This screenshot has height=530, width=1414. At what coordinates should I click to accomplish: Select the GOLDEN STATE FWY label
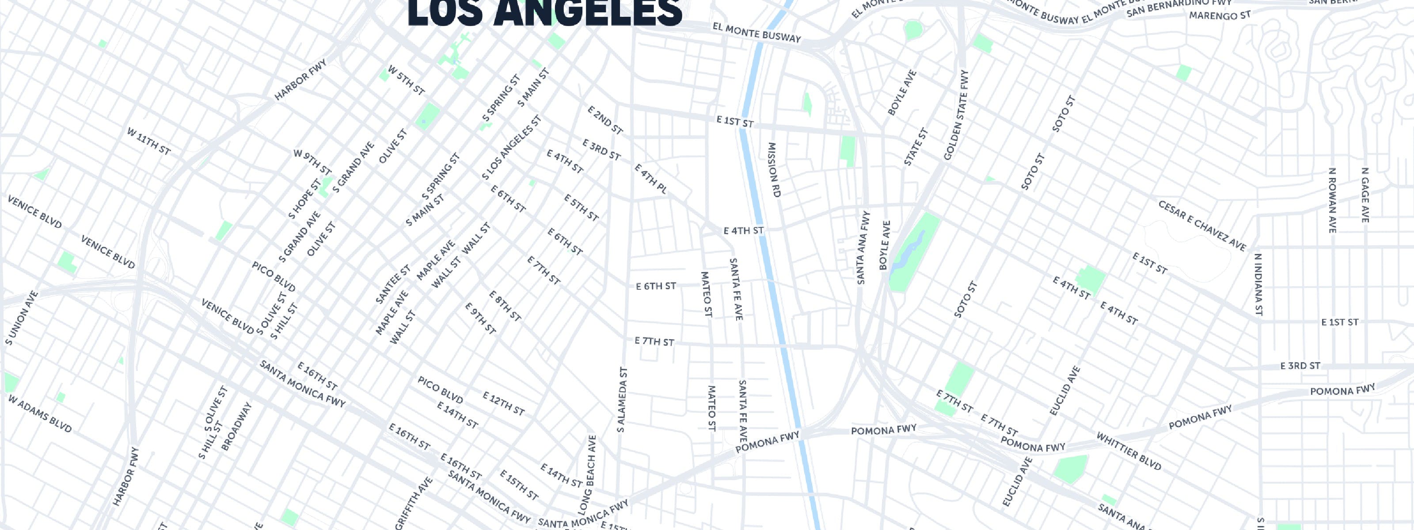point(956,116)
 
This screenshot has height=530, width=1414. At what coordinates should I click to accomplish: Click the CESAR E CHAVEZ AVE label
point(1202,226)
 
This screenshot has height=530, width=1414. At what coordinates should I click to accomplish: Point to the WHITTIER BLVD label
point(1129,451)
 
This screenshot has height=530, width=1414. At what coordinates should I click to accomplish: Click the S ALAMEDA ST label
point(622,399)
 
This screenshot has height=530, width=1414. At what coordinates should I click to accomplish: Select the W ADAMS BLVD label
point(39,413)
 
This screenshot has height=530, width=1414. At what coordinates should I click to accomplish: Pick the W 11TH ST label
point(149,141)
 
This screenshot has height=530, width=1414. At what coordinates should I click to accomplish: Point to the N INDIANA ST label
point(1258,285)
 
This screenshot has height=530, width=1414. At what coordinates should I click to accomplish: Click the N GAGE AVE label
point(1365,195)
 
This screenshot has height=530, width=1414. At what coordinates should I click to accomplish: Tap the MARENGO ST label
point(1219,15)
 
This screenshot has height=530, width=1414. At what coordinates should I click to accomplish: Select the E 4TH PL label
point(650,179)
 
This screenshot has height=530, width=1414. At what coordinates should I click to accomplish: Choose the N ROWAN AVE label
point(1332,200)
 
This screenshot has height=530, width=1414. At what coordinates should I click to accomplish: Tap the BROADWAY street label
point(236,427)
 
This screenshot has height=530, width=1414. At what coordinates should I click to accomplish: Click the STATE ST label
point(916,147)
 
